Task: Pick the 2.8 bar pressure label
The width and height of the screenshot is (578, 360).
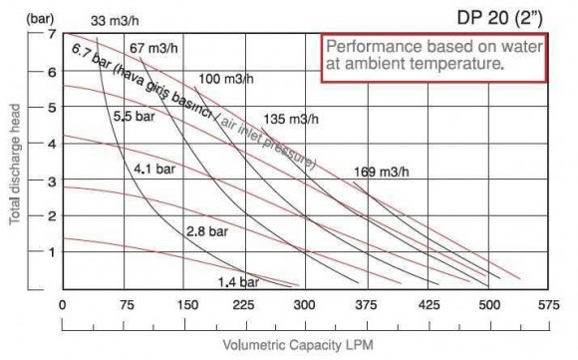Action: [x=206, y=231]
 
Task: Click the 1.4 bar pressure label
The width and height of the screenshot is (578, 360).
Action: [x=236, y=282]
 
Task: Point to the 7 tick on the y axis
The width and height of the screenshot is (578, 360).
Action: [x=50, y=35]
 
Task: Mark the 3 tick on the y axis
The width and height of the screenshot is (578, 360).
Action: [x=50, y=180]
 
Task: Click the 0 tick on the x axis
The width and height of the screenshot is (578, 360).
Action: [x=63, y=306]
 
